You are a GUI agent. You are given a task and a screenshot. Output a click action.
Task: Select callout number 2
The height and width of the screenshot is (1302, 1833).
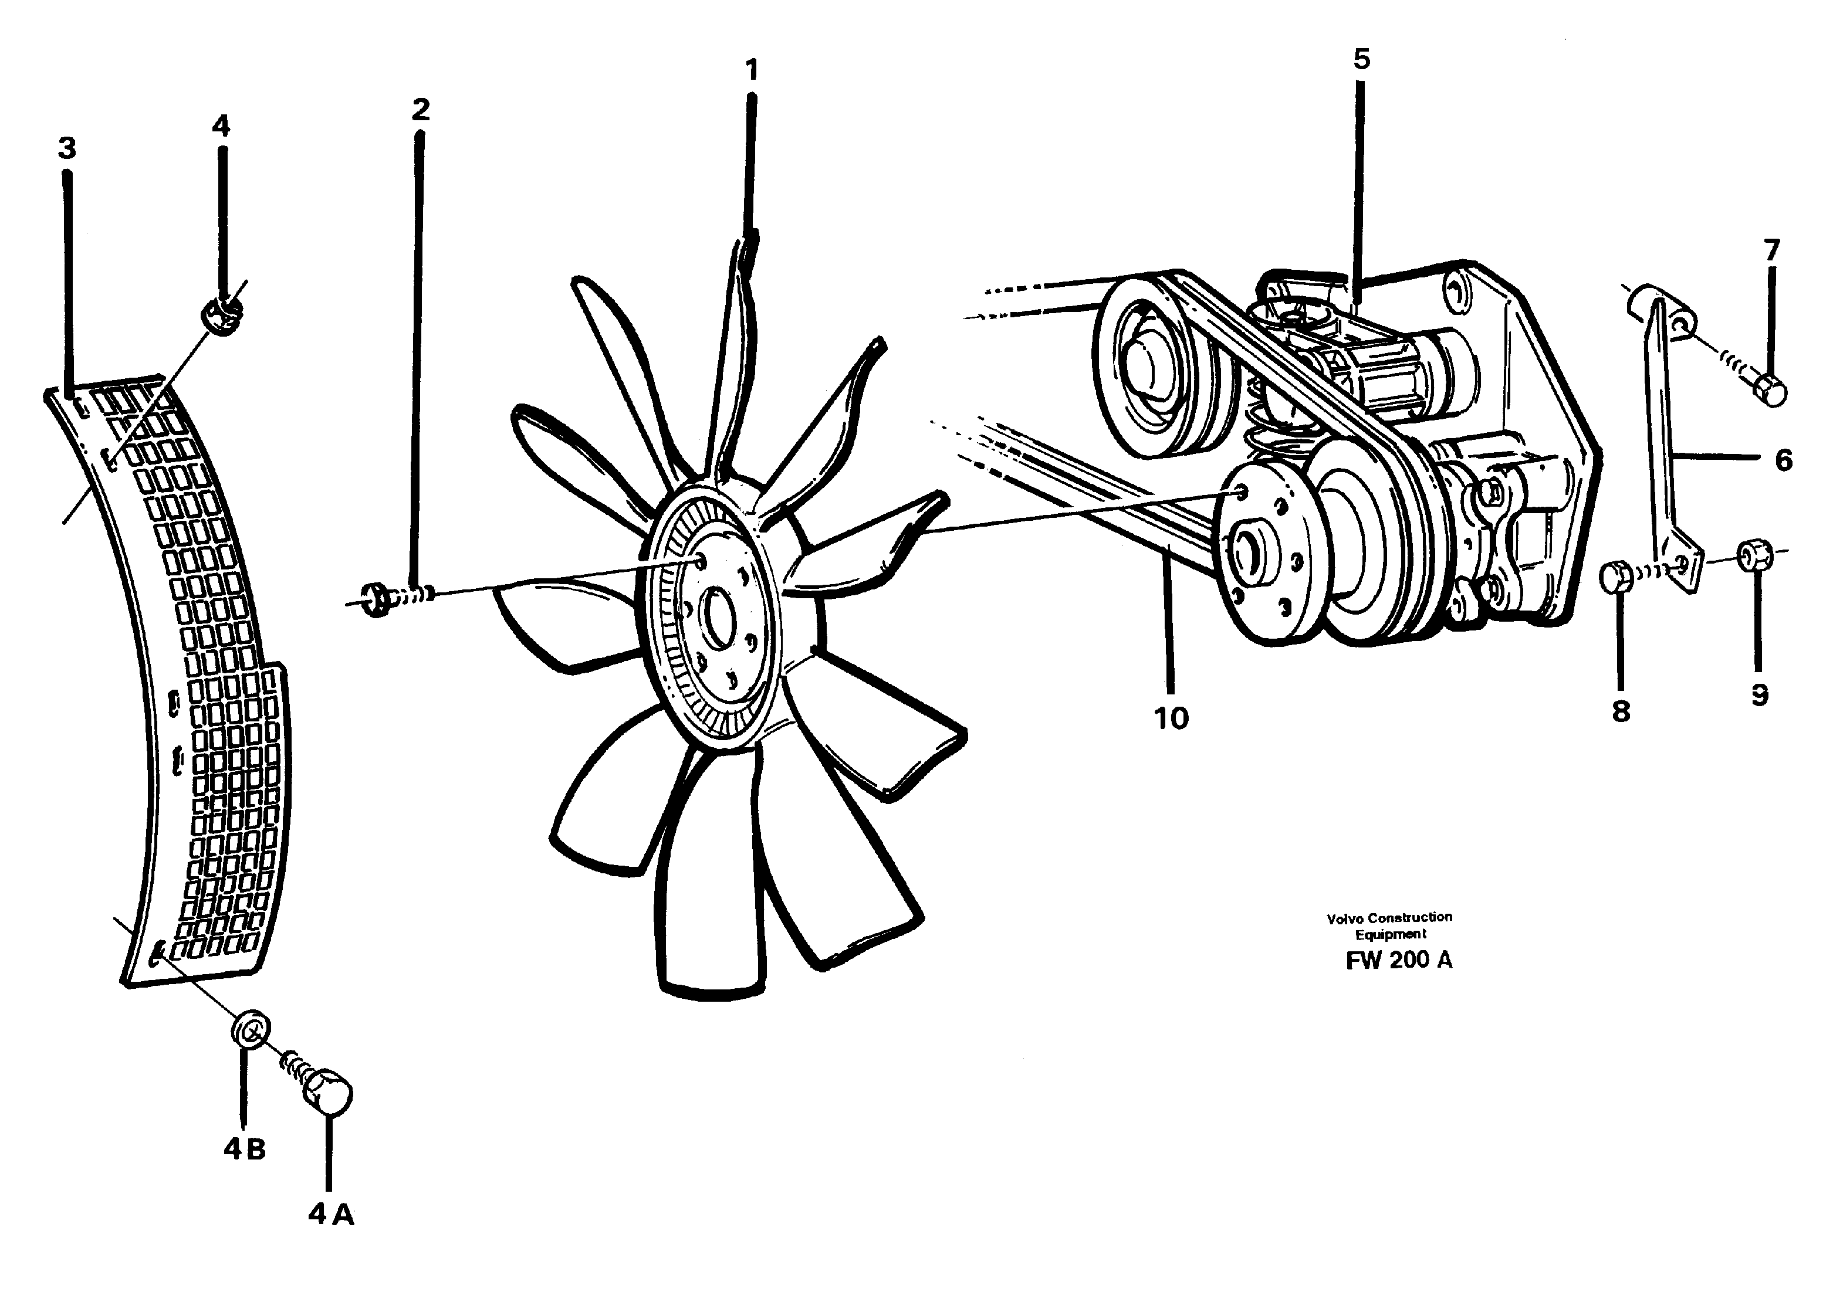coord(420,110)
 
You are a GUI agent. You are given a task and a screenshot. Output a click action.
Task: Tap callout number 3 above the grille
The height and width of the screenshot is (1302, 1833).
coord(67,148)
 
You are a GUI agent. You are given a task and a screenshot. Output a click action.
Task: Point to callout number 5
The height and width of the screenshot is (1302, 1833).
coord(1361,59)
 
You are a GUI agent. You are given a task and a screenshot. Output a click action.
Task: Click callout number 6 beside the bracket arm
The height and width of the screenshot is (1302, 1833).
coord(1783,460)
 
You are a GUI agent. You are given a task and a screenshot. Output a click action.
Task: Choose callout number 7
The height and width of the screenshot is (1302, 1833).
coord(1771,250)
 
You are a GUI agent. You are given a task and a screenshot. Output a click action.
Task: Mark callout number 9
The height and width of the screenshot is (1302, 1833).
coord(1759,694)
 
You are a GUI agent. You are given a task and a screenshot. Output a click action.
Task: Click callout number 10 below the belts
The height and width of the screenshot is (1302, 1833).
coord(1171,718)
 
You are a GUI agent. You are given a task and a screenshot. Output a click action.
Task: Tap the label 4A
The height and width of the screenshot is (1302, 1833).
coord(330,1215)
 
